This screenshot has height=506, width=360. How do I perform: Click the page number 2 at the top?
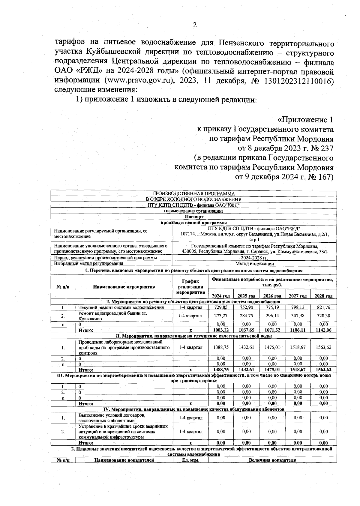194,25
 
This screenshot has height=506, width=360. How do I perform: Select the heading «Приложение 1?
305,120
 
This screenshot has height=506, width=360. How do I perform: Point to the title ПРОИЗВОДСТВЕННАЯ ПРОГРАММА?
193,194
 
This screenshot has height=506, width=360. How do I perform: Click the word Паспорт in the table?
194,217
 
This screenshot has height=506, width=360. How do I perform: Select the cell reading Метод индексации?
254,264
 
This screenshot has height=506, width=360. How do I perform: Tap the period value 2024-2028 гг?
254,258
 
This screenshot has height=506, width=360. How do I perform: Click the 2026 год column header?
272,296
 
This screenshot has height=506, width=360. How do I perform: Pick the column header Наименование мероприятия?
124,287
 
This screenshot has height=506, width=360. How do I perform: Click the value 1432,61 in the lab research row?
246,347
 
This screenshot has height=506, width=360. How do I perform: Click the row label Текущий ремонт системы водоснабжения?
121,307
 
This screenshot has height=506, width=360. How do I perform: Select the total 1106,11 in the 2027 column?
298,330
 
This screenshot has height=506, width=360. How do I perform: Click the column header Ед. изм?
190,460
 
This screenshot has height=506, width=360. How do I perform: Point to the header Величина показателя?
272,460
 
